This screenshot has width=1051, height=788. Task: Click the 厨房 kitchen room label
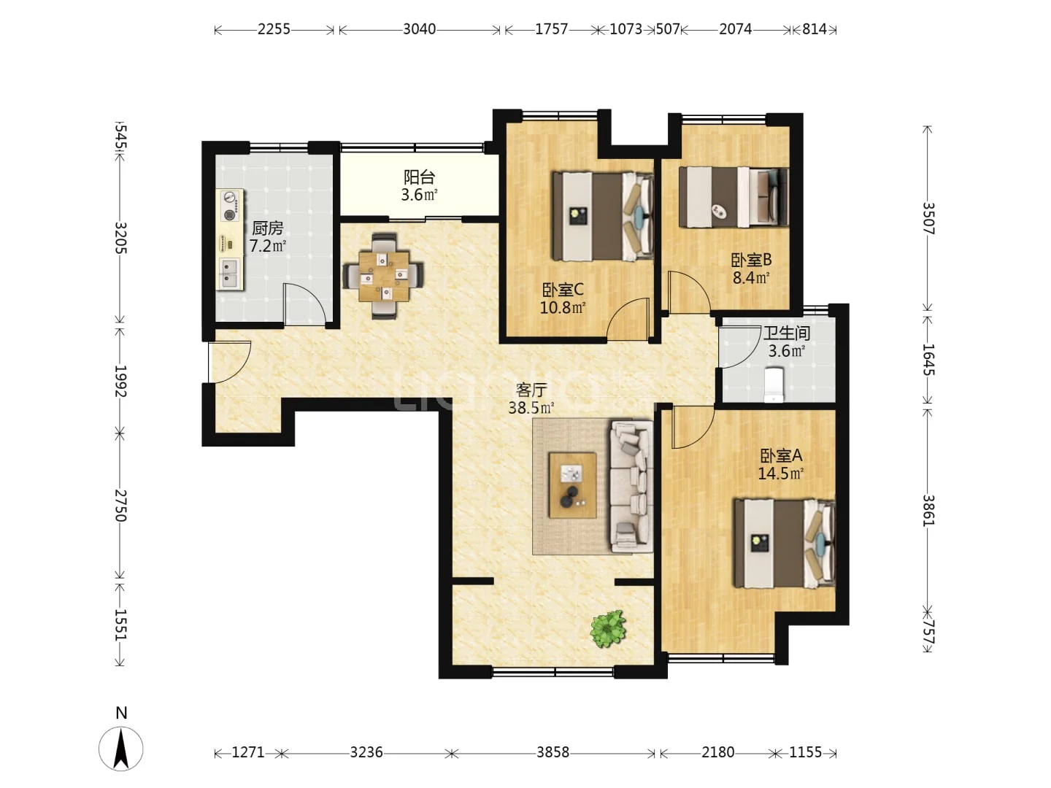tap(268, 228)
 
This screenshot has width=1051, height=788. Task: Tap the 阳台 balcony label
tap(419, 177)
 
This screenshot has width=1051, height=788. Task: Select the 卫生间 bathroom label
tap(786, 333)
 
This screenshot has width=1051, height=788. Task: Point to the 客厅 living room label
tap(531, 390)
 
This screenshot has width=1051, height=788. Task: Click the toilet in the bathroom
tap(774, 385)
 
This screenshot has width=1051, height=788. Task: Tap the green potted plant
tap(608, 628)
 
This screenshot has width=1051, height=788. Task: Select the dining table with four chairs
tap(383, 276)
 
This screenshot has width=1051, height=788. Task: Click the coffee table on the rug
tap(573, 485)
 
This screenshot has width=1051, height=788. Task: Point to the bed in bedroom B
tap(733, 197)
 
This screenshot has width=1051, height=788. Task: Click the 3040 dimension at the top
tap(420, 29)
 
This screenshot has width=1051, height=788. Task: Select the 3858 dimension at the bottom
tap(553, 752)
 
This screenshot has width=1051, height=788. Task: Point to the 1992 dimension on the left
tap(120, 382)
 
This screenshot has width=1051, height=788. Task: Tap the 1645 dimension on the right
tap(928, 359)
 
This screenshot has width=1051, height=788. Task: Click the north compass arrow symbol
tap(121, 749)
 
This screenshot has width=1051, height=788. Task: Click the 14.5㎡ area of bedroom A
tap(780, 474)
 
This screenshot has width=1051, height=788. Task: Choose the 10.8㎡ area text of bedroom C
tap(563, 307)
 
